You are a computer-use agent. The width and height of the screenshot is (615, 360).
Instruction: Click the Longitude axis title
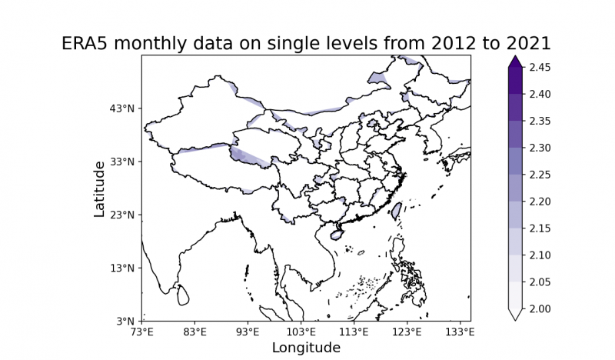[306, 348]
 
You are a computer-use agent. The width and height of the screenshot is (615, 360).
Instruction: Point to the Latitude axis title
[100, 188]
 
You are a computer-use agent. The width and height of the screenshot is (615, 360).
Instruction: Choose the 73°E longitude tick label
[142, 332]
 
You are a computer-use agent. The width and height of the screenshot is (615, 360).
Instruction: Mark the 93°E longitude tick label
[248, 332]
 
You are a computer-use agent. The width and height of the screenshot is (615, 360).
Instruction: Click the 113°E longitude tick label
[354, 332]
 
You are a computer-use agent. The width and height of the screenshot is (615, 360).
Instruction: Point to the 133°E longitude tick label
[460, 332]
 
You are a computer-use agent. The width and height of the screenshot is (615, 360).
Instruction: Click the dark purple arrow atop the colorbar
[516, 61]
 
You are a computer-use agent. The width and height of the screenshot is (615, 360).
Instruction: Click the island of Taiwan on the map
[397, 209]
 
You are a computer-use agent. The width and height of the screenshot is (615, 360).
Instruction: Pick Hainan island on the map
[336, 232]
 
